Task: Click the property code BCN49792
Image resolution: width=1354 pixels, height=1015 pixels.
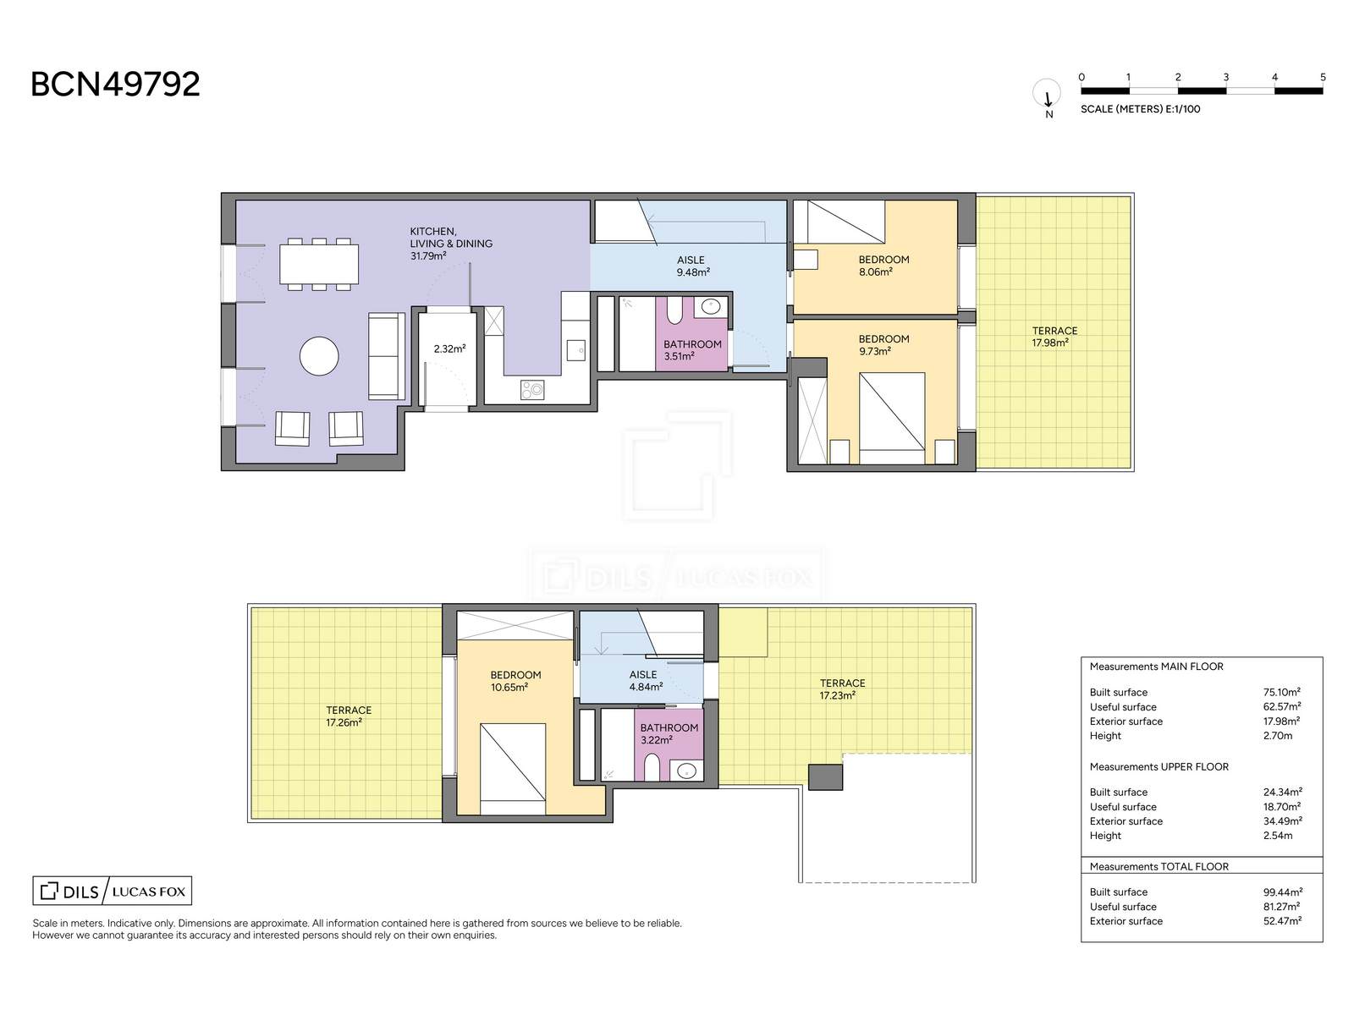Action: [x=115, y=84]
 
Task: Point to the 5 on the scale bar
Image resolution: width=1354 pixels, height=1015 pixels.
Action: [x=1323, y=77]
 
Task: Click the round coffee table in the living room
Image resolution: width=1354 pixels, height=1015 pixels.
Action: [x=319, y=355]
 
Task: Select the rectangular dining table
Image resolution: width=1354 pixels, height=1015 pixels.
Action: [x=319, y=264]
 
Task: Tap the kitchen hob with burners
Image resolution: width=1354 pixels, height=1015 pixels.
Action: [x=531, y=389]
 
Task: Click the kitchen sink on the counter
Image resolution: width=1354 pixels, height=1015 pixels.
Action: [x=576, y=351]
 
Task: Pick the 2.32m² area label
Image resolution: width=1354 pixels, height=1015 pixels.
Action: [x=449, y=348]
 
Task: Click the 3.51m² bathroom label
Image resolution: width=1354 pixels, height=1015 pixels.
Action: [x=680, y=356]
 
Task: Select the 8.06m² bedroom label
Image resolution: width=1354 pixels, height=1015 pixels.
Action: [x=875, y=272]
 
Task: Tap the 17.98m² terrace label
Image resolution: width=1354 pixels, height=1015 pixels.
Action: [x=1050, y=343]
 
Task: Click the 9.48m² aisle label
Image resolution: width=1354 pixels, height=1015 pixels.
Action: [x=693, y=272]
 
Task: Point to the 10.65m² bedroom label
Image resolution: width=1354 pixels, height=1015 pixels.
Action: [x=509, y=687]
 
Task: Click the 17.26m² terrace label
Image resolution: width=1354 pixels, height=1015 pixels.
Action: [x=344, y=722]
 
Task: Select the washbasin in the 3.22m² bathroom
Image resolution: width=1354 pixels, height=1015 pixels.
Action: [x=686, y=771]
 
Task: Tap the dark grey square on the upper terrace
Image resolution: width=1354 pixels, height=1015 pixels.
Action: [x=825, y=777]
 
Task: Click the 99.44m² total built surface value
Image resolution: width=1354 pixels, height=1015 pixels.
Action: [x=1282, y=892]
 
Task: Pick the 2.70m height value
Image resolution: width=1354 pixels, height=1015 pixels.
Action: [x=1278, y=735]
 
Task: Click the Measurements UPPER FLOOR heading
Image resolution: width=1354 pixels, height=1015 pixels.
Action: [x=1159, y=766]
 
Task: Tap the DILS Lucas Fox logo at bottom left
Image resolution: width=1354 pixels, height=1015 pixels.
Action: [x=113, y=891]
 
